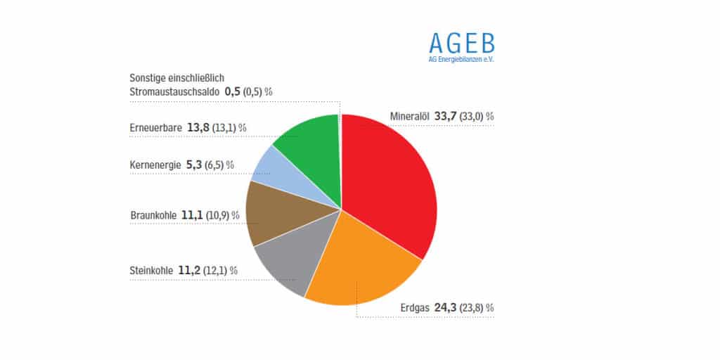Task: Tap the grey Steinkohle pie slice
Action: tap(285, 264)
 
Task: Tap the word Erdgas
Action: tap(415, 307)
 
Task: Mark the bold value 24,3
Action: tap(446, 307)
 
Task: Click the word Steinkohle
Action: tap(151, 270)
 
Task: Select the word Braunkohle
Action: tap(153, 214)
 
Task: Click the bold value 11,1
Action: tap(191, 214)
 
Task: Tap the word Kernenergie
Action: tap(155, 165)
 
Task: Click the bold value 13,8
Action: tap(199, 127)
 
